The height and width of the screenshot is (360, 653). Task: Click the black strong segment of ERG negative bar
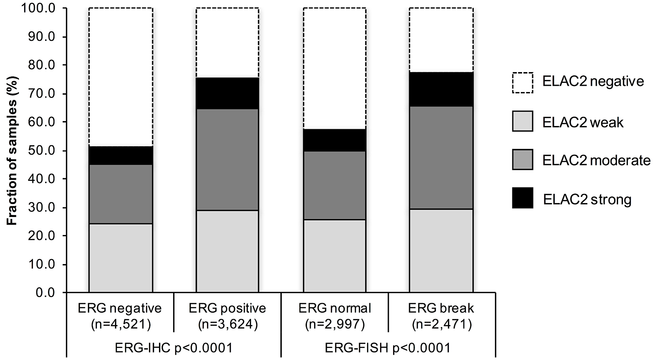click(x=120, y=155)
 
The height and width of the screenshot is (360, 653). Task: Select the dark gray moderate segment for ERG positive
click(x=227, y=160)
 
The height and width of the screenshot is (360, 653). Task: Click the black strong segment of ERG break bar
click(x=441, y=89)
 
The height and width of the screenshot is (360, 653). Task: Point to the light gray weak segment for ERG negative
click(x=120, y=258)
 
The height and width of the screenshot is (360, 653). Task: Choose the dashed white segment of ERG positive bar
click(x=227, y=42)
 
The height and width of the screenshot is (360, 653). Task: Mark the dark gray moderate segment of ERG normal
click(x=334, y=185)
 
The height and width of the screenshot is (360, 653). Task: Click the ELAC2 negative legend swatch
click(x=522, y=83)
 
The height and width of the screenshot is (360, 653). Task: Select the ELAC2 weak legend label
click(x=583, y=123)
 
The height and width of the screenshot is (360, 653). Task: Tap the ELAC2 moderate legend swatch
click(x=522, y=160)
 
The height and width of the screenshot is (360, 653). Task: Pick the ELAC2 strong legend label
click(x=587, y=199)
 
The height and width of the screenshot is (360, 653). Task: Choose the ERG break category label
click(x=441, y=308)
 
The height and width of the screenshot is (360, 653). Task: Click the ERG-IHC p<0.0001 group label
click(x=174, y=348)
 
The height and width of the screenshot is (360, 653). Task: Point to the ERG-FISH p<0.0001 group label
click(x=388, y=348)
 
